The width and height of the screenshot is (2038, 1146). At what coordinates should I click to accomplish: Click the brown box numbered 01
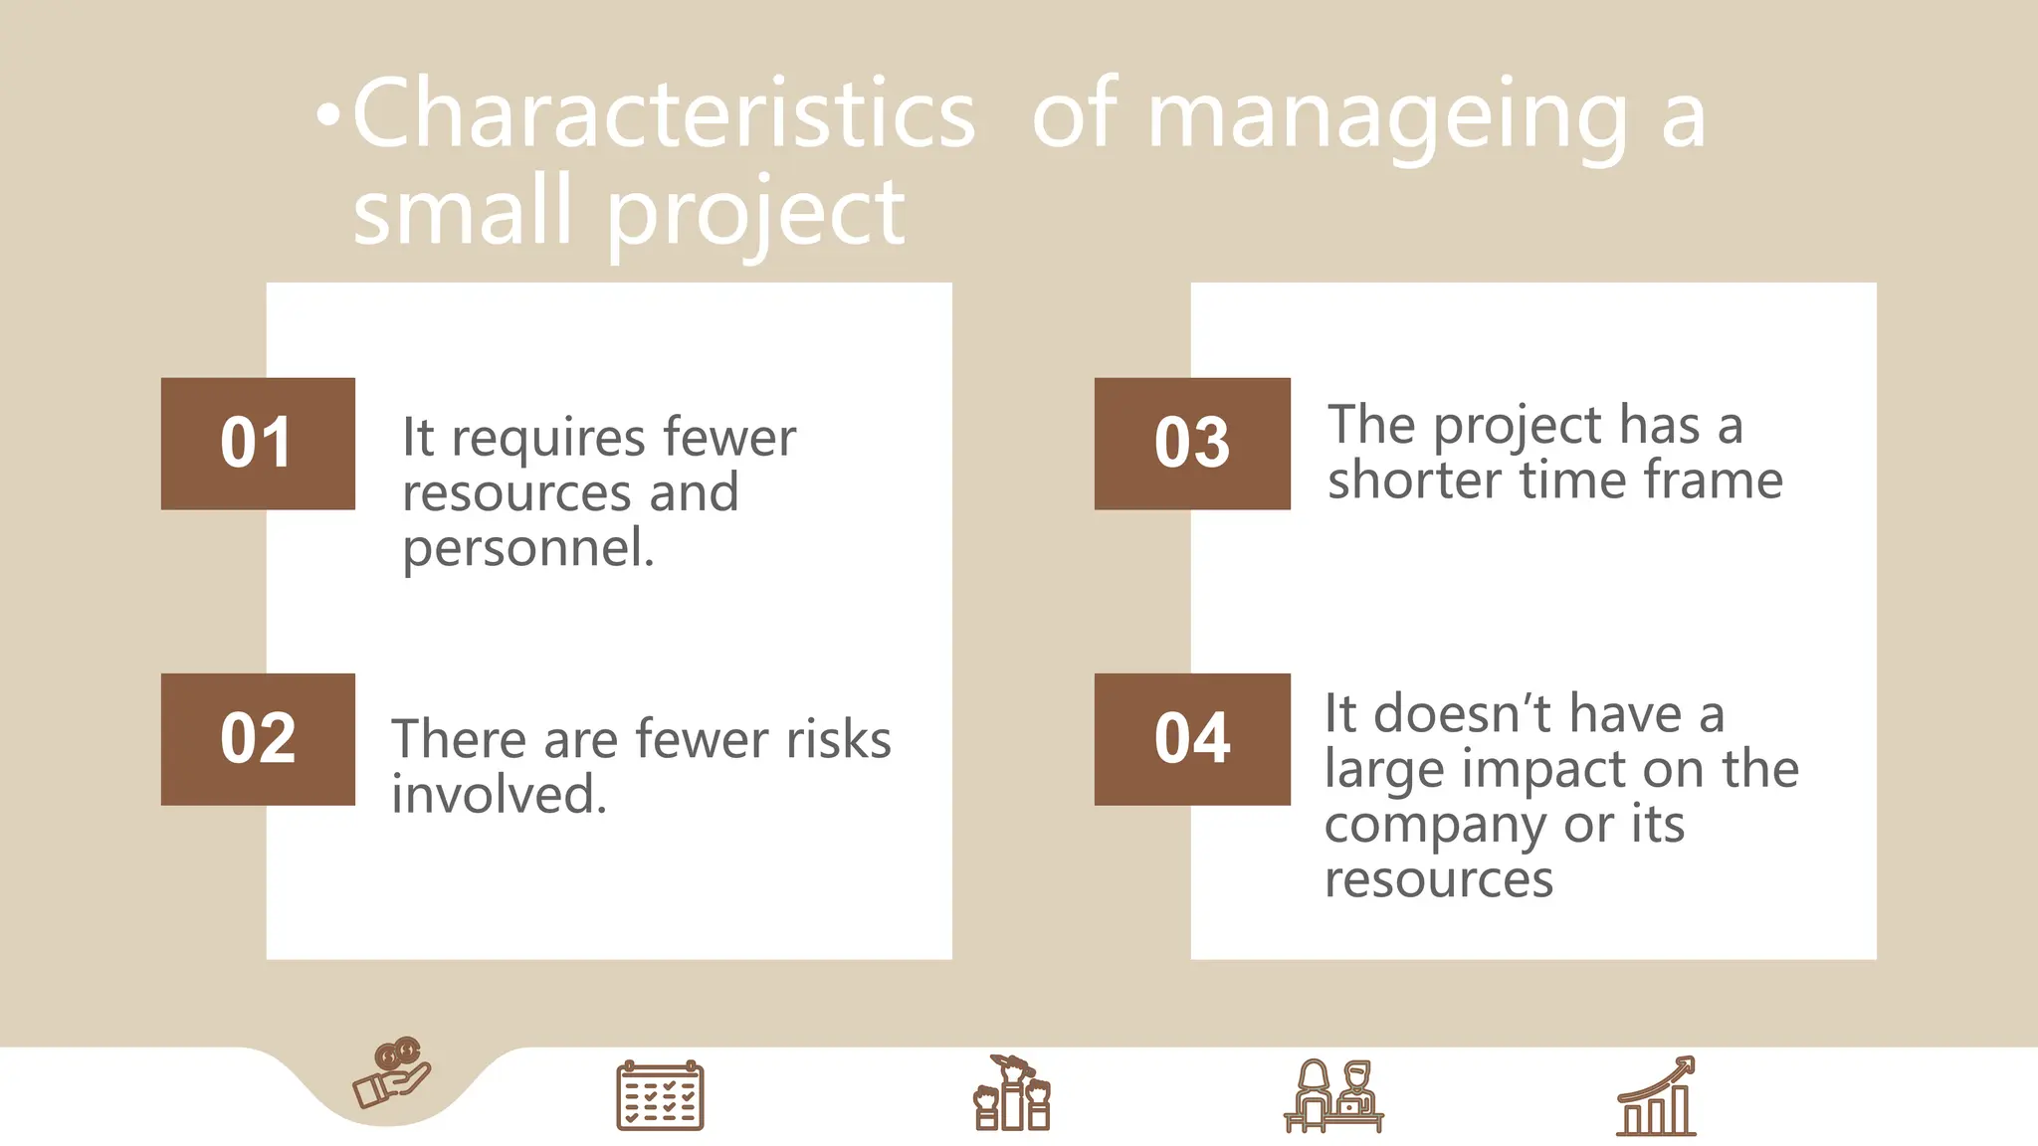point(258,444)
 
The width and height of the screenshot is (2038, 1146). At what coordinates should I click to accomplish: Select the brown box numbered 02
point(258,739)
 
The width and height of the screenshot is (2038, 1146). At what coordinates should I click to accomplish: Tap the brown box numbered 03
point(1192,444)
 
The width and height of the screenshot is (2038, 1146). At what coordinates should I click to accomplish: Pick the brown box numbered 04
point(1192,739)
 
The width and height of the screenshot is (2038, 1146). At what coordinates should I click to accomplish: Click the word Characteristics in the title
point(663,115)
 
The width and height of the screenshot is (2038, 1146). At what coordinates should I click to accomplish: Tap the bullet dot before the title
point(327,117)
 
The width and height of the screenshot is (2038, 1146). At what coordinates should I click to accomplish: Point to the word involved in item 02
point(499,795)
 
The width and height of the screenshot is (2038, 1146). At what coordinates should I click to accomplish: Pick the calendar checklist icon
point(660,1096)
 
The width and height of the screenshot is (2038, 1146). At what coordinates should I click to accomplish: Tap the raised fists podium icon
point(1011,1094)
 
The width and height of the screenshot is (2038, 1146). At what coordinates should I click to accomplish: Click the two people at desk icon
point(1333,1096)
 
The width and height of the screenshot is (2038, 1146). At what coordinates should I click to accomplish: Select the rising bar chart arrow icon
point(1656,1096)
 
